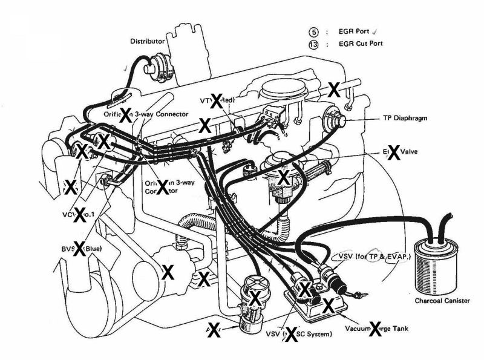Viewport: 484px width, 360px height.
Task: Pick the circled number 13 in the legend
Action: [x=313, y=44]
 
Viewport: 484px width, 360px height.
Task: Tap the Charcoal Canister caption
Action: [x=441, y=301]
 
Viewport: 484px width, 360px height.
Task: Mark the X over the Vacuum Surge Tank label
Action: [x=375, y=329]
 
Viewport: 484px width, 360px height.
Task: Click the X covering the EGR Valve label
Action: [x=394, y=152]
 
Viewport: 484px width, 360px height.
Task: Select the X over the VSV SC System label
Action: [x=292, y=334]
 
